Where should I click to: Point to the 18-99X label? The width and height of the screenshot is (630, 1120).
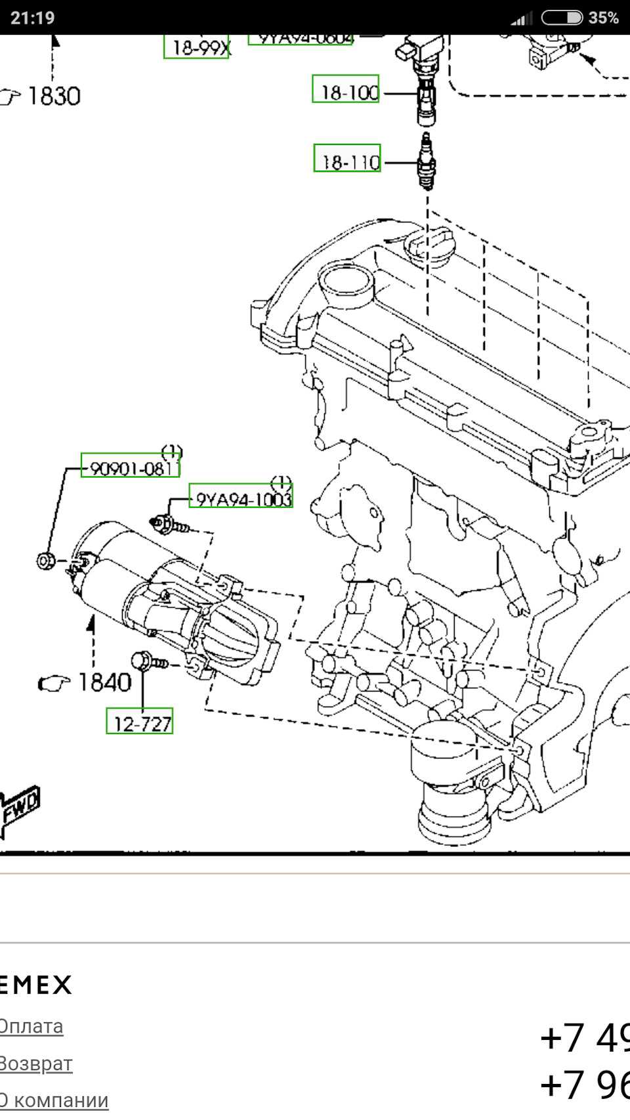coord(197,46)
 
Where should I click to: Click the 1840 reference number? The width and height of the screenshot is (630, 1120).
coord(104,682)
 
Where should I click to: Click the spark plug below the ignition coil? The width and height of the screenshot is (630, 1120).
coord(427,160)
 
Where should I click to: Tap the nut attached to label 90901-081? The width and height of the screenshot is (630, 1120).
coord(45,561)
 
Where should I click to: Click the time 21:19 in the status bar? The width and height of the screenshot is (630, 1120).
coord(33,17)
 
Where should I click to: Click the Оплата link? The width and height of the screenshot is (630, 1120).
coord(31,1026)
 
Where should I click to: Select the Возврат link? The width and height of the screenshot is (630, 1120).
coord(35,1063)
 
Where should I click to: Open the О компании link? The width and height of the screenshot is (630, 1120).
coord(54,1100)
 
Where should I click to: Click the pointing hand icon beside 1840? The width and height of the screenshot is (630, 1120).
coord(54,684)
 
